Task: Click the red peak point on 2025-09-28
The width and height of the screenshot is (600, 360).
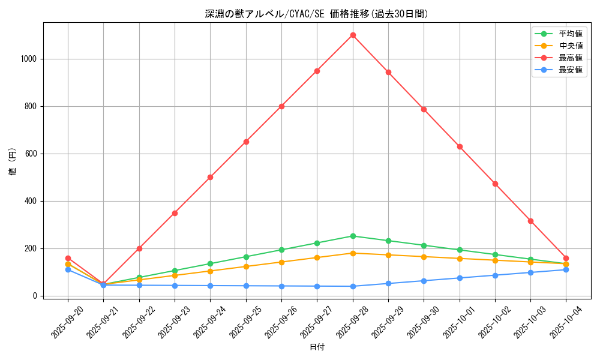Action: tap(353, 35)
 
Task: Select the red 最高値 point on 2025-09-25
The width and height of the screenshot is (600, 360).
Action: tap(246, 142)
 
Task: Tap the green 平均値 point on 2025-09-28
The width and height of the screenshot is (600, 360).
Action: tap(353, 236)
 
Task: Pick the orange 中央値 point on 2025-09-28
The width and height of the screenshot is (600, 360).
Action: tap(353, 253)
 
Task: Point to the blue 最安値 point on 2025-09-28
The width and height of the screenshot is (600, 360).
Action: tap(353, 286)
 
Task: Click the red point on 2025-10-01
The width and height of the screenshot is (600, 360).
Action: tap(460, 146)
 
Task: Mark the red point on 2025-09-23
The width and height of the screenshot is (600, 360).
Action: tap(175, 213)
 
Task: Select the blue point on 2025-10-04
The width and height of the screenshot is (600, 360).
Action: tap(566, 269)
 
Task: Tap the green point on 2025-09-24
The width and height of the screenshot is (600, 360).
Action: tap(211, 263)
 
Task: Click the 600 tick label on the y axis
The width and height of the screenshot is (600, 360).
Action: tap(32, 154)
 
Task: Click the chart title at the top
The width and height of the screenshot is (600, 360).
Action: tap(317, 14)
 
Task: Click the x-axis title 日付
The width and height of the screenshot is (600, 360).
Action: tap(317, 347)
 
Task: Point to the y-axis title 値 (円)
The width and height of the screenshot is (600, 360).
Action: tap(13, 162)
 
